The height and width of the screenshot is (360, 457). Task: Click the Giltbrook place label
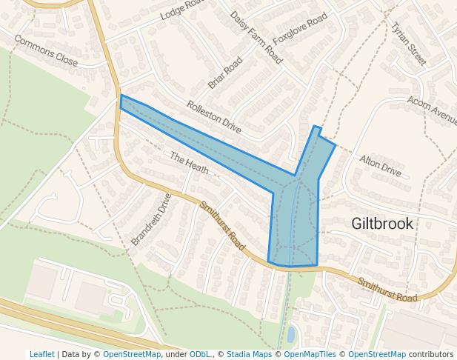(382, 223)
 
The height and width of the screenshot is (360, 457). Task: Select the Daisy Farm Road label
(256, 36)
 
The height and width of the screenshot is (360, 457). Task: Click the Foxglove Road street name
(300, 29)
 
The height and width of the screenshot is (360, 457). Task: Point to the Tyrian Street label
(409, 44)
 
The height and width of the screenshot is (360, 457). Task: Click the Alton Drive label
(380, 166)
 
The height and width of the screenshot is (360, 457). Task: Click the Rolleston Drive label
(214, 117)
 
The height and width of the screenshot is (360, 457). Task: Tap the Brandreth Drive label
(151, 219)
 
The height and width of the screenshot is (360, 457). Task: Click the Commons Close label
(45, 51)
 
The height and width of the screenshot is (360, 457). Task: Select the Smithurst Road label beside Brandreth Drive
(221, 225)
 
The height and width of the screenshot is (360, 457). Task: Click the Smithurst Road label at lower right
(387, 289)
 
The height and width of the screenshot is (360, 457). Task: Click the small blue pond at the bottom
(290, 335)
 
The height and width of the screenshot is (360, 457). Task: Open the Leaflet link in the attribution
(41, 354)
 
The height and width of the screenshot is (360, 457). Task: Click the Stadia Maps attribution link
(249, 354)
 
